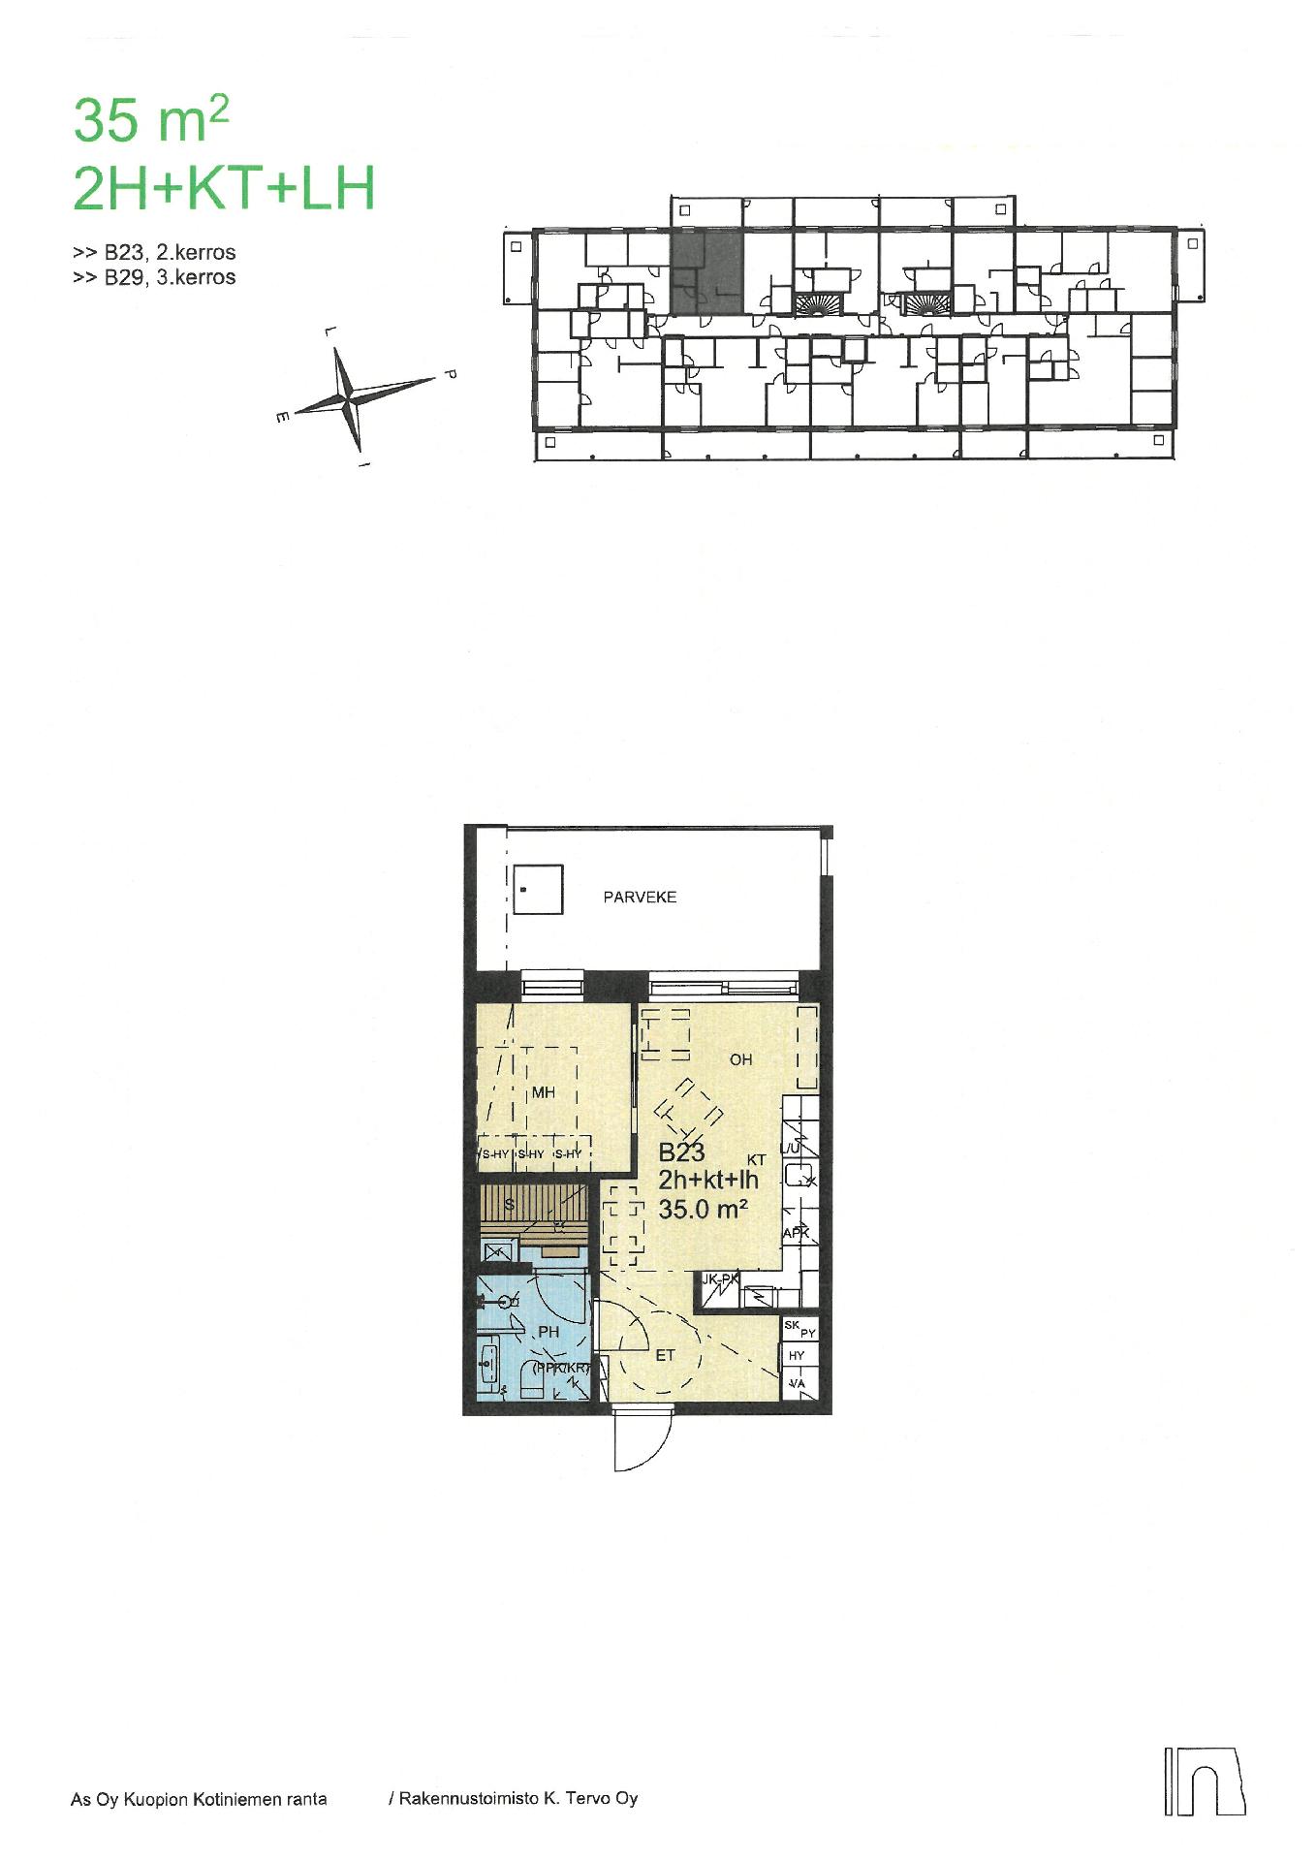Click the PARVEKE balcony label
[x=640, y=898]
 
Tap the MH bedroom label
[x=544, y=1092]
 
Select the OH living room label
[x=740, y=1059]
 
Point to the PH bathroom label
[x=548, y=1332]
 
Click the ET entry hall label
[x=665, y=1355]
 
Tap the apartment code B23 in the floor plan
[x=681, y=1152]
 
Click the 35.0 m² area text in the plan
[x=703, y=1209]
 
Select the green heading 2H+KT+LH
[x=224, y=189]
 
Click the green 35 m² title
[x=151, y=121]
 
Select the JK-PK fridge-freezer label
[x=720, y=1279]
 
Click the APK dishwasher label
[x=796, y=1233]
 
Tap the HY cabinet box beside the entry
[x=798, y=1356]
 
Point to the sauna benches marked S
[x=534, y=1207]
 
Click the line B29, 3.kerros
[x=154, y=277]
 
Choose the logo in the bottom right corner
[x=1204, y=1781]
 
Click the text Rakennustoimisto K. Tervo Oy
[x=513, y=1799]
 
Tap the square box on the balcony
[x=537, y=890]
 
